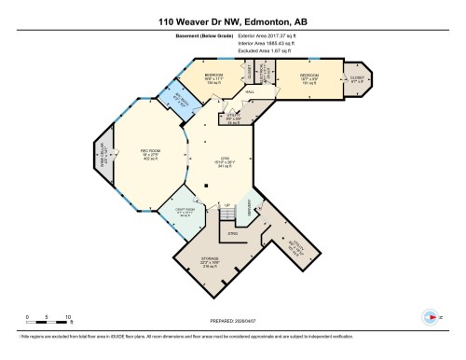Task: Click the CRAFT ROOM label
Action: pos(185,212)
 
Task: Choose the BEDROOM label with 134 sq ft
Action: pos(213,77)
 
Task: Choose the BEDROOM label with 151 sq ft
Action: pos(309,76)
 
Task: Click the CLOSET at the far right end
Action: pos(356,78)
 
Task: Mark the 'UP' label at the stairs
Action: pos(226,205)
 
